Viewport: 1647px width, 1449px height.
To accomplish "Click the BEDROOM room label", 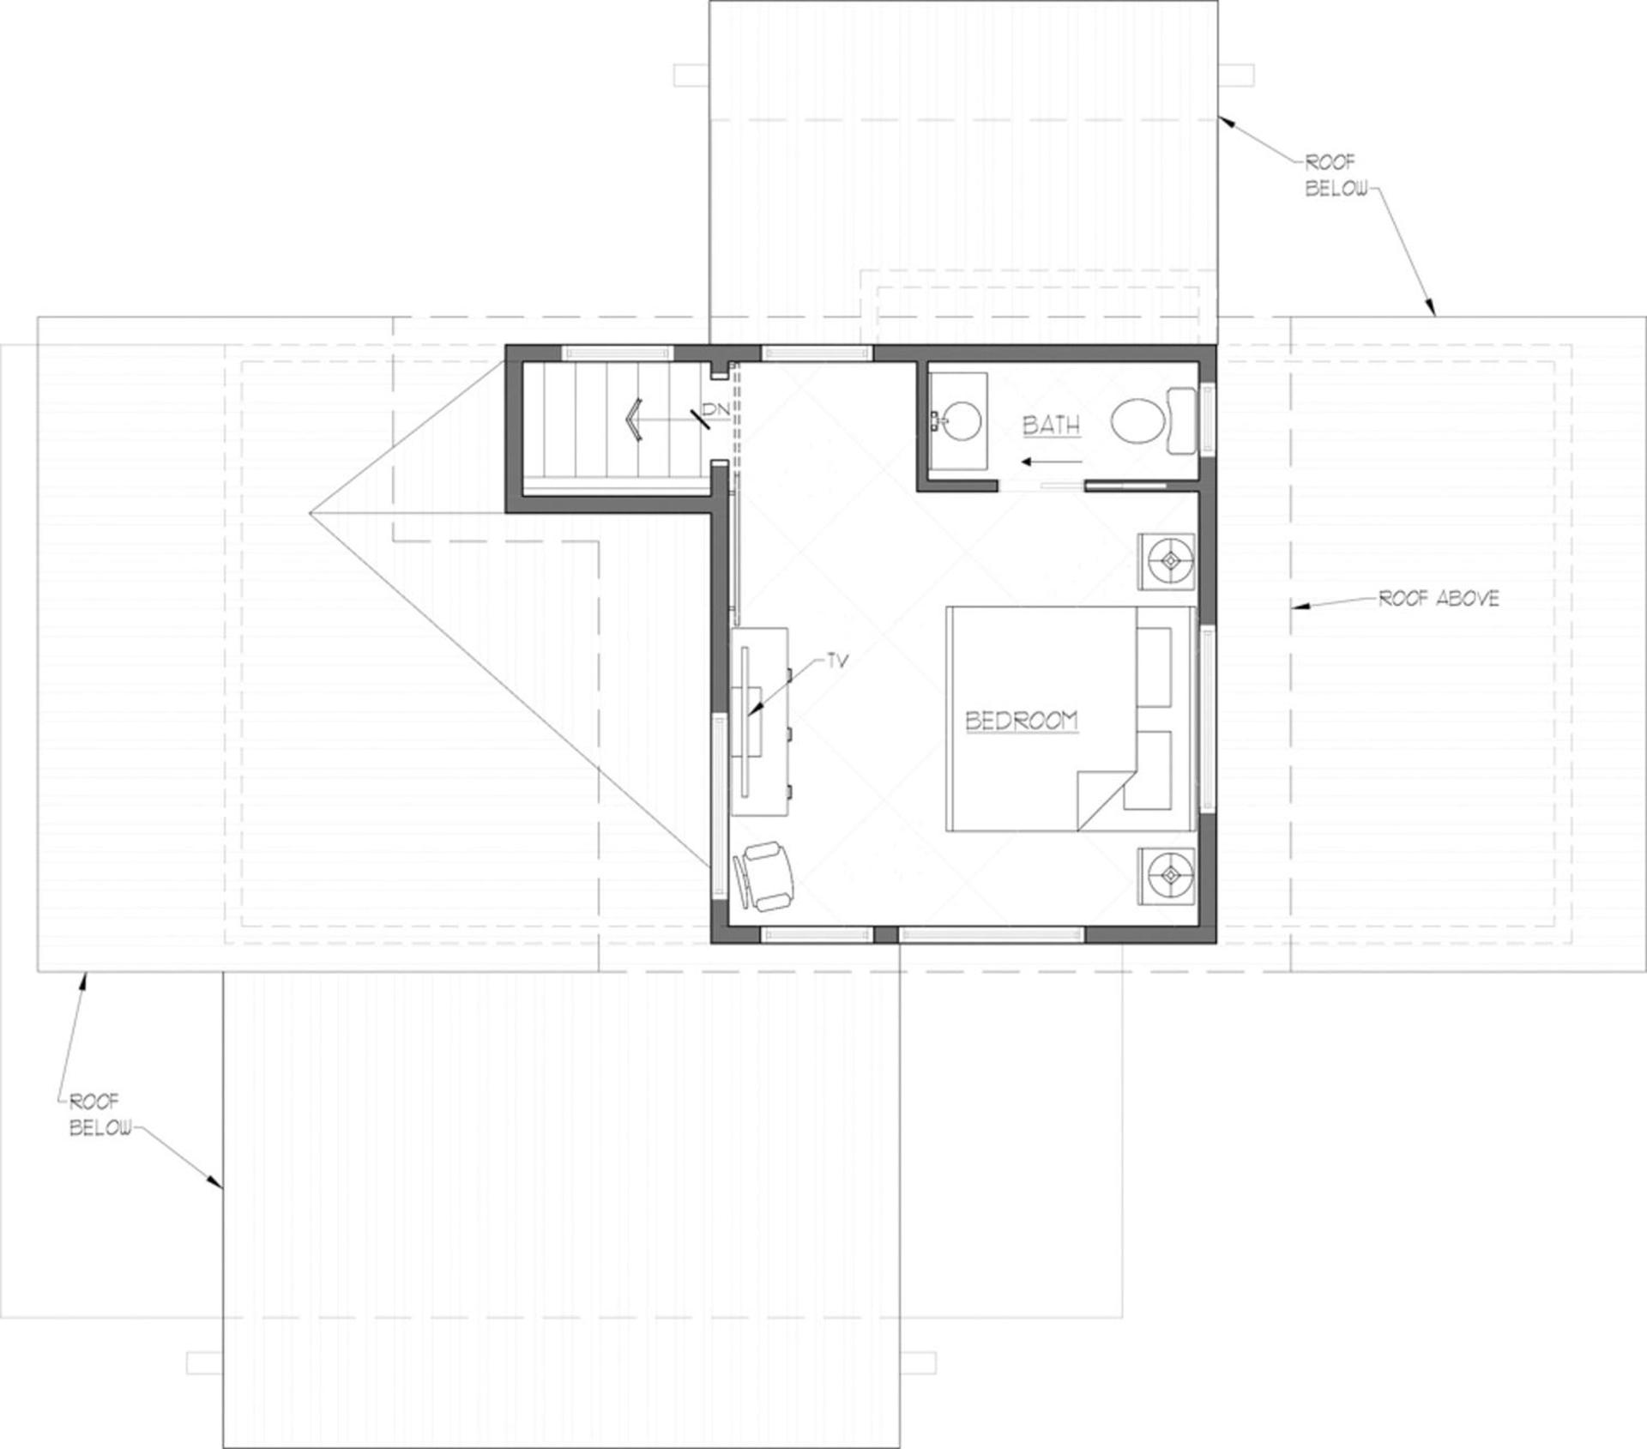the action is pos(1022,721).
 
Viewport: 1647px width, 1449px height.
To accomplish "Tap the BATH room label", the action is pos(1051,426).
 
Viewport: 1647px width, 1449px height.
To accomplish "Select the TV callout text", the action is pos(836,661).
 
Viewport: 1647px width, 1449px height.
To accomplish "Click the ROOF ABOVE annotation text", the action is pos(1439,599).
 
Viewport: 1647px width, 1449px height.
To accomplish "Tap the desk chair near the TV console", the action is pos(763,876).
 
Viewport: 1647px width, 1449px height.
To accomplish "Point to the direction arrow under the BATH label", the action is pos(1038,462).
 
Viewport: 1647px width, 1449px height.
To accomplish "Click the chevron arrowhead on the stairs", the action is pos(634,420).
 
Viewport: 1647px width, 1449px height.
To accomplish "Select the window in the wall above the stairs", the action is pos(617,353).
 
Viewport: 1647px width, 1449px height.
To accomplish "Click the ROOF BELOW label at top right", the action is pos(1336,176).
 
